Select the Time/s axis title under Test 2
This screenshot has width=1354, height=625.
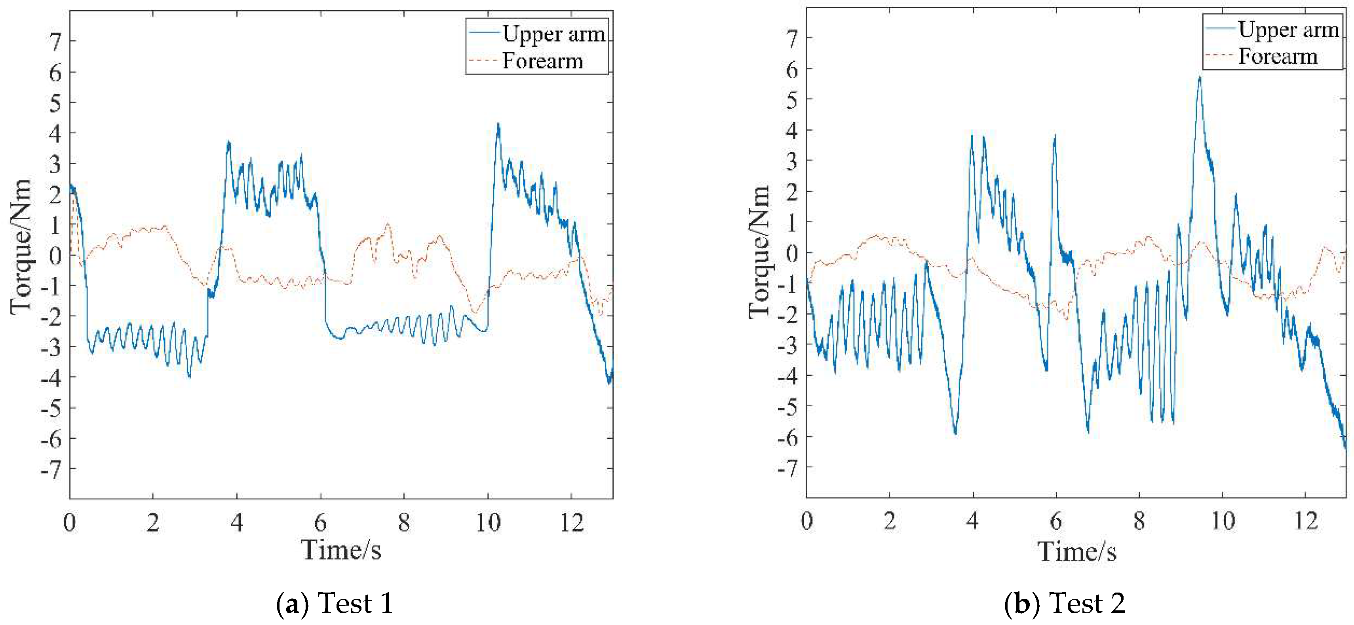[1077, 551]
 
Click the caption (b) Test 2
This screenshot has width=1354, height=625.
[1064, 603]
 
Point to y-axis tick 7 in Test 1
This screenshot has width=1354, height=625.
[55, 42]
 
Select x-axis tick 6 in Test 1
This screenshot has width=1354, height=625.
[320, 523]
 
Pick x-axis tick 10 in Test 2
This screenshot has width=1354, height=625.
[1223, 521]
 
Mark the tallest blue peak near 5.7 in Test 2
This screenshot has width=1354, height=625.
[1200, 78]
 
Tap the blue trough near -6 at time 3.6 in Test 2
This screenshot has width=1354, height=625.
[955, 433]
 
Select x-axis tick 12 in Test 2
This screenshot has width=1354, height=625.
[1306, 521]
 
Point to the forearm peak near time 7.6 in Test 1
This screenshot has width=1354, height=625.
[388, 225]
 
